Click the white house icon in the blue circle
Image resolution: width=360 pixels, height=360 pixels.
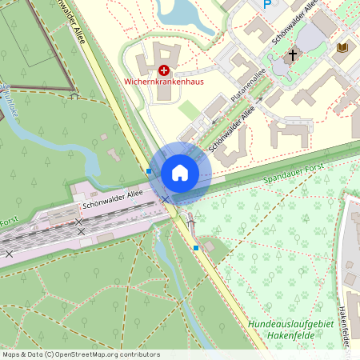(x=180, y=172)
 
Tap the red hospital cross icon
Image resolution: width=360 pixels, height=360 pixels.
(x=164, y=70)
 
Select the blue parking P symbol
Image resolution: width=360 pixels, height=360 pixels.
(x=267, y=4)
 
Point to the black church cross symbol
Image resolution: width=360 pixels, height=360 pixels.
(x=292, y=56)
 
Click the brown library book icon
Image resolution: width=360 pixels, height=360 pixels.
(x=343, y=49)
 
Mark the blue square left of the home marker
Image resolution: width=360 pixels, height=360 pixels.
(x=149, y=171)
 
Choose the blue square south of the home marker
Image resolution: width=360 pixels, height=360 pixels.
(x=196, y=248)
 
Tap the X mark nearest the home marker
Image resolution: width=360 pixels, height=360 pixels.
(x=166, y=198)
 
